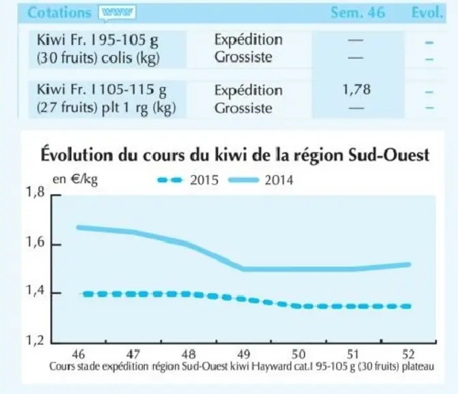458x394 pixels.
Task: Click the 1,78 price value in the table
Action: tap(356, 90)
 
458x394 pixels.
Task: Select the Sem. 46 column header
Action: tap(358, 12)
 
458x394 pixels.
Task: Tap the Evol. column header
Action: tap(427, 12)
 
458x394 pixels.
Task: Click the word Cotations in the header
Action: tap(59, 12)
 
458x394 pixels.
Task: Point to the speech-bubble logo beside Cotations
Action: tap(117, 13)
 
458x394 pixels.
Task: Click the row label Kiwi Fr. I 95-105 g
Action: tap(98, 40)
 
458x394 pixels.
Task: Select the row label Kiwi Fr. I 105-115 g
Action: tap(101, 90)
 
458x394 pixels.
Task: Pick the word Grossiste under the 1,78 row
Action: tap(243, 108)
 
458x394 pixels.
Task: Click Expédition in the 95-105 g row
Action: tap(249, 40)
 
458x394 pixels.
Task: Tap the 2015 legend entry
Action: tap(188, 180)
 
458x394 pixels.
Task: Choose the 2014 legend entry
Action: tap(260, 180)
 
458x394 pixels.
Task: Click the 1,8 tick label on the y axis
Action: tap(36, 192)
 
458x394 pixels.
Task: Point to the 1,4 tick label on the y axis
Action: tap(36, 291)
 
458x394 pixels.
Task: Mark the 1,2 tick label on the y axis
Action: tap(36, 341)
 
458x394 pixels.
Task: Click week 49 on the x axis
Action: tap(243, 354)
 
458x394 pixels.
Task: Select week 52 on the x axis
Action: tap(408, 354)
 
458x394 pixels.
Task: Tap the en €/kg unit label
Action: tap(75, 179)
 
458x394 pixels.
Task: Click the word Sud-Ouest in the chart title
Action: tap(389, 155)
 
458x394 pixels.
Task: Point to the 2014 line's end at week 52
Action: tap(409, 265)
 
